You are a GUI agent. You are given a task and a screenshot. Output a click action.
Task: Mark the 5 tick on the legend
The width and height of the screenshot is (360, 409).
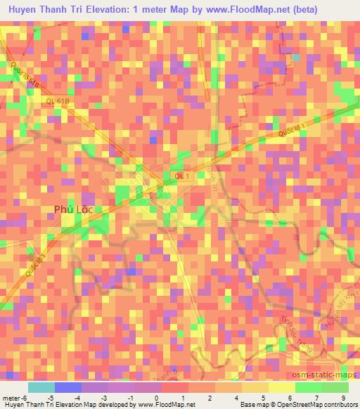[x=261, y=398]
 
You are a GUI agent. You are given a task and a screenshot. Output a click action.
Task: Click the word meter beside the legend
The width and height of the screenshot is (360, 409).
[x=12, y=398]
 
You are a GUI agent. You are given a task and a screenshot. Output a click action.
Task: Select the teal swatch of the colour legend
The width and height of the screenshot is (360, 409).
[x=41, y=387]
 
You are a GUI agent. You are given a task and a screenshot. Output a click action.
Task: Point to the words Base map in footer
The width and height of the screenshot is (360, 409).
[x=249, y=405]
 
